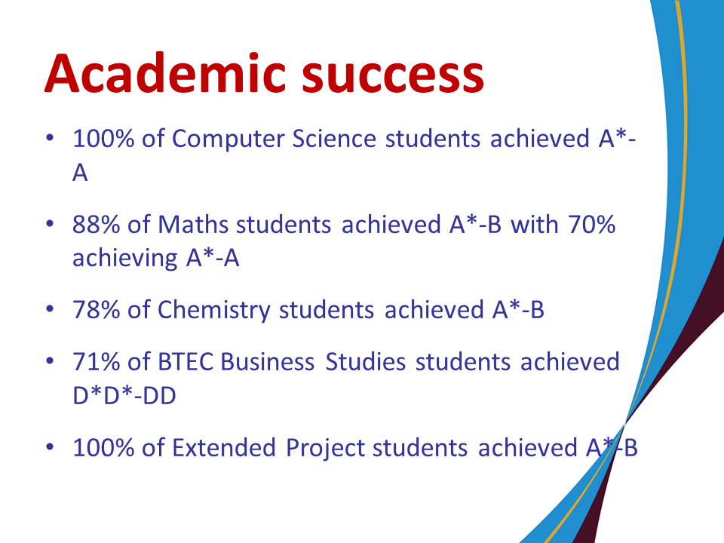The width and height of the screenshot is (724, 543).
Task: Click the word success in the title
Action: [x=393, y=75]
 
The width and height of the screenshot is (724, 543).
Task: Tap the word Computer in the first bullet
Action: [x=228, y=139]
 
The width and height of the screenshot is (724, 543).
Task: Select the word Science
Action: [x=334, y=139]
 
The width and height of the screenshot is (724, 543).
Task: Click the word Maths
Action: [x=193, y=225]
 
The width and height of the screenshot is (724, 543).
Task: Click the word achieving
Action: [x=124, y=258]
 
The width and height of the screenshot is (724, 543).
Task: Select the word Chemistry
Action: [x=214, y=310]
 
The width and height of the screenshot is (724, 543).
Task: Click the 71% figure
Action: [x=96, y=361]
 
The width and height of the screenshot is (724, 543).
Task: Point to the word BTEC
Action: [x=186, y=361]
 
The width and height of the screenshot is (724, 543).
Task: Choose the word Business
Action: [x=267, y=361]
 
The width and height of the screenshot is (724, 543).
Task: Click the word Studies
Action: [x=366, y=361]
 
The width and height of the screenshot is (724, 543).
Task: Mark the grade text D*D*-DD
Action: [x=124, y=395]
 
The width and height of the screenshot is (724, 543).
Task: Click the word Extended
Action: [x=224, y=447]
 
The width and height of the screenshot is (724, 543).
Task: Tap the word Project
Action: [x=326, y=448]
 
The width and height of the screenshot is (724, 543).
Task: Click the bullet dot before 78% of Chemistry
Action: [x=50, y=309]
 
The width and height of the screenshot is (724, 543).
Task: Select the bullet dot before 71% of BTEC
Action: [x=50, y=361]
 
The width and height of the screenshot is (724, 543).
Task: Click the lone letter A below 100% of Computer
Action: [x=80, y=173]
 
